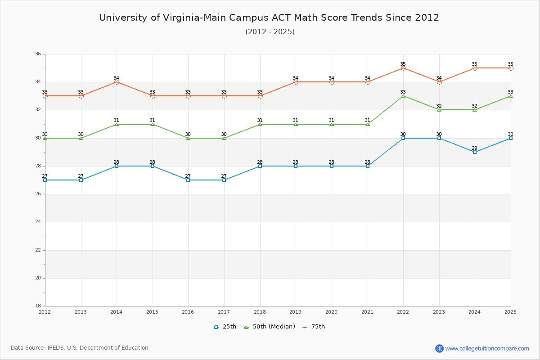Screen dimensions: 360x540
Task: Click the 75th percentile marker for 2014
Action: [x=117, y=82]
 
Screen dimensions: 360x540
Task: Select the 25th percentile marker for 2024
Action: [x=475, y=152]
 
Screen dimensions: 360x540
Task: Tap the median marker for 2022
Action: [x=403, y=96]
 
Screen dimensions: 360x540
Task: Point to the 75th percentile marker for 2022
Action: [x=403, y=68]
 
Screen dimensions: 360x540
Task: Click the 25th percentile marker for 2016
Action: [x=188, y=180]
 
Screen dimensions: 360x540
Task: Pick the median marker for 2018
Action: [x=260, y=124]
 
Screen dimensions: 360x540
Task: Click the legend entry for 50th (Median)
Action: [x=270, y=327]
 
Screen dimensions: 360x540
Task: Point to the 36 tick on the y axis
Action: [x=38, y=54]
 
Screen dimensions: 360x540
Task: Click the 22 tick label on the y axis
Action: [x=38, y=250]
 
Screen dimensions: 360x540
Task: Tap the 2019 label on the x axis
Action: [x=296, y=312]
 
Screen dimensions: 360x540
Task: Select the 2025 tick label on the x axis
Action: [x=510, y=312]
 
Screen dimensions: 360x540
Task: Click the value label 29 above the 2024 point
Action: [x=474, y=148]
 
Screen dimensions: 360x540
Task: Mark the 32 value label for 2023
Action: [x=439, y=106]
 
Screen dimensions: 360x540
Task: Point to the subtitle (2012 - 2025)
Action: [x=270, y=32]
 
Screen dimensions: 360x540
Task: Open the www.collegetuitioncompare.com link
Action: [x=487, y=348]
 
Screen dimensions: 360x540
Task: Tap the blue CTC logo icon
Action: [x=439, y=348]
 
